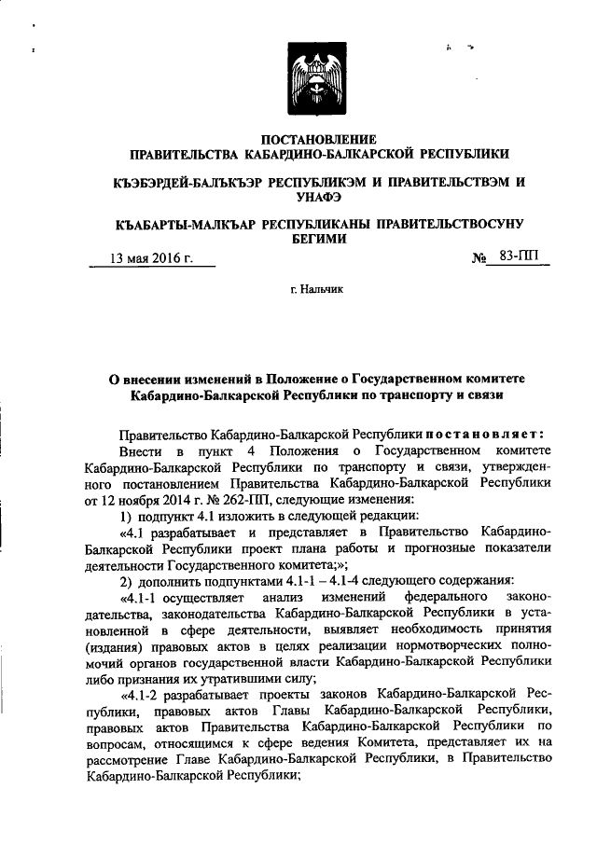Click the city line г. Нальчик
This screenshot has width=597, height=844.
(x=317, y=291)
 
